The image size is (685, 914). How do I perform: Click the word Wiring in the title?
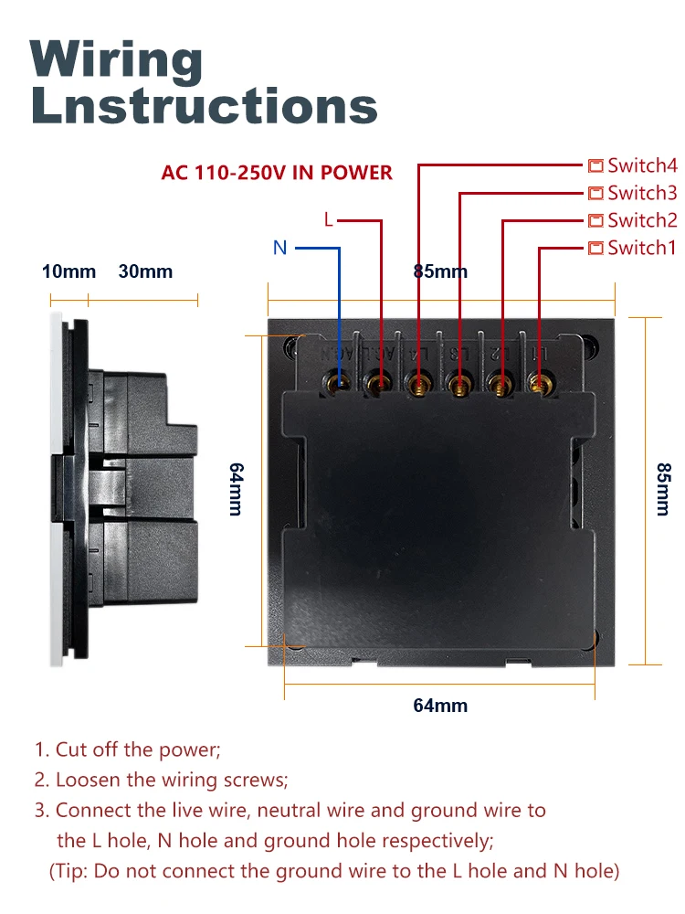point(117,61)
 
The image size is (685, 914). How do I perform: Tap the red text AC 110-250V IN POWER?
point(277,173)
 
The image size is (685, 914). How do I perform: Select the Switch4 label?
point(642,165)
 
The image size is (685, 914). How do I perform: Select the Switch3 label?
point(642,193)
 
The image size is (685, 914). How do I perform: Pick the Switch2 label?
point(642,220)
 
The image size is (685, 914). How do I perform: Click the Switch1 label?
point(642,248)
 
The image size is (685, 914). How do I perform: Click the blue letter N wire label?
point(280,248)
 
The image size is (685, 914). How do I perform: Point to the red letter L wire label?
point(329,220)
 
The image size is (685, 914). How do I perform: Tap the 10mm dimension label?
point(68,271)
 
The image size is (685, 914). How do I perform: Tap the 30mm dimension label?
point(145,271)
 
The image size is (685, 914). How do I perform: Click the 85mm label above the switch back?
point(440,271)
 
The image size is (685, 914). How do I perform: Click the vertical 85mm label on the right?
point(663,489)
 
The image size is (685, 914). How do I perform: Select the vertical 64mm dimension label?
point(235,489)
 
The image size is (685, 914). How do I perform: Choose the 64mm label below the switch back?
point(440,706)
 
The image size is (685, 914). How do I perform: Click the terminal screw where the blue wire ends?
point(340,382)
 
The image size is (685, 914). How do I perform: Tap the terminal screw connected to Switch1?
point(539,381)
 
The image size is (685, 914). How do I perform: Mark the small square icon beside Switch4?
point(595,165)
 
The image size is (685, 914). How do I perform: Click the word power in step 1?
point(193,750)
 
